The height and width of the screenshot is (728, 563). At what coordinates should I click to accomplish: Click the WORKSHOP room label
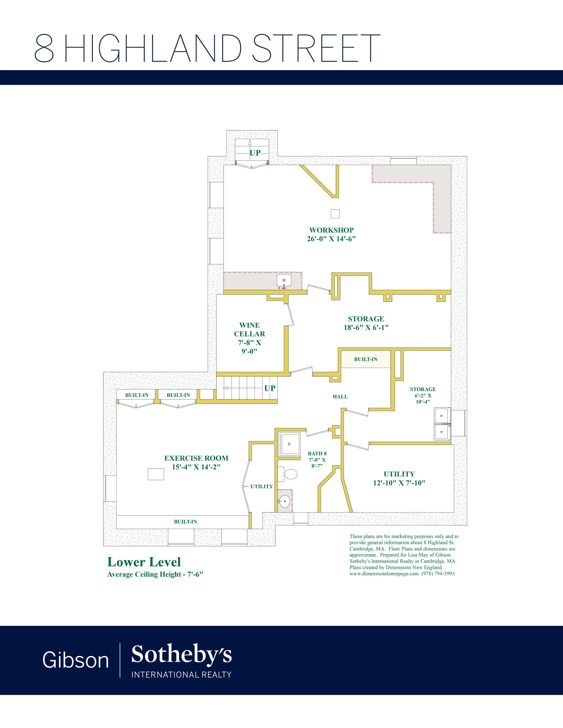point(331,230)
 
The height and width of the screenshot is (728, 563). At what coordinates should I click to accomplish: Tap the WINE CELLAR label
point(250,329)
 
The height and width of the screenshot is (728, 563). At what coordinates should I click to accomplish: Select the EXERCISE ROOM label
point(196,458)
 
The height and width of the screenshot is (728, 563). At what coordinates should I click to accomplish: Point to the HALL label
point(340,396)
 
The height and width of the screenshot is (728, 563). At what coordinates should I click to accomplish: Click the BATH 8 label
point(317,453)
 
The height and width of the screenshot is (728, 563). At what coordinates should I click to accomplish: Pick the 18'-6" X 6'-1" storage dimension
point(366,327)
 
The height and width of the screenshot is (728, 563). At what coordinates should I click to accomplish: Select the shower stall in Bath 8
point(289,444)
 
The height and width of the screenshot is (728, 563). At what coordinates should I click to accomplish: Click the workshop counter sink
point(284,281)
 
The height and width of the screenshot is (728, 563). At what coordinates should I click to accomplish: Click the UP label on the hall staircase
point(270,388)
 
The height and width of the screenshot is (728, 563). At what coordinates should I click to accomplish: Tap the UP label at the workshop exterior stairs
point(255,153)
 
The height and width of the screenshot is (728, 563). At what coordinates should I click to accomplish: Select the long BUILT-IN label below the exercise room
point(185,522)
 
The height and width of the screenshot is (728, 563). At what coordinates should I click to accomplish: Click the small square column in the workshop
point(335,214)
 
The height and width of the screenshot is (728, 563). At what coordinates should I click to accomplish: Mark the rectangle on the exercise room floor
point(156,474)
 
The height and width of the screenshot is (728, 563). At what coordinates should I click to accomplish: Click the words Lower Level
point(144,562)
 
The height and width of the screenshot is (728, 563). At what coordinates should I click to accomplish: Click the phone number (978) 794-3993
point(438,574)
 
